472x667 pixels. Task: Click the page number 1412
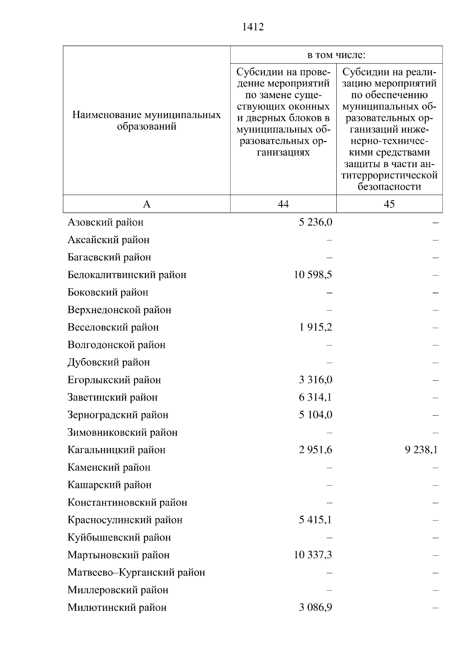tap(253, 27)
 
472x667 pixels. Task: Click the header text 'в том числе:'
tap(336, 55)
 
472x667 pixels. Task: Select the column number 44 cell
tap(283, 204)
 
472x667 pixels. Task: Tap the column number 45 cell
tap(389, 204)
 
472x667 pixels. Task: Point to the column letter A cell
tap(146, 204)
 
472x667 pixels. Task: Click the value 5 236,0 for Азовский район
tap(315, 222)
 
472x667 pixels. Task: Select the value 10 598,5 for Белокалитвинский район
tap(313, 275)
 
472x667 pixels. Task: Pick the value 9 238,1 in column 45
tap(421, 450)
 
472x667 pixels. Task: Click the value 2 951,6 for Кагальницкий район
tap(315, 450)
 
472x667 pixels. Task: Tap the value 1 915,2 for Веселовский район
tap(315, 327)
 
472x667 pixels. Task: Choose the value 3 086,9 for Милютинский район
tap(315, 607)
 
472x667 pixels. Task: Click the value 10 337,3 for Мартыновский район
tap(313, 555)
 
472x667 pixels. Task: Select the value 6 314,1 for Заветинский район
tap(315, 397)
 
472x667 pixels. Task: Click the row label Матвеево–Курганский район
tap(136, 572)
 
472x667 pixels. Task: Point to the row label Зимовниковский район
tap(122, 432)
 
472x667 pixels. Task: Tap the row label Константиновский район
tap(127, 502)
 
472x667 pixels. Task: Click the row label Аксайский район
tap(108, 240)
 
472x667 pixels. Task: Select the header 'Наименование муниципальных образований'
tap(146, 121)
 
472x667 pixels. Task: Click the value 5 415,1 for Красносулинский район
tap(315, 520)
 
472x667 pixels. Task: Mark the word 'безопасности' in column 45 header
tap(389, 187)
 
